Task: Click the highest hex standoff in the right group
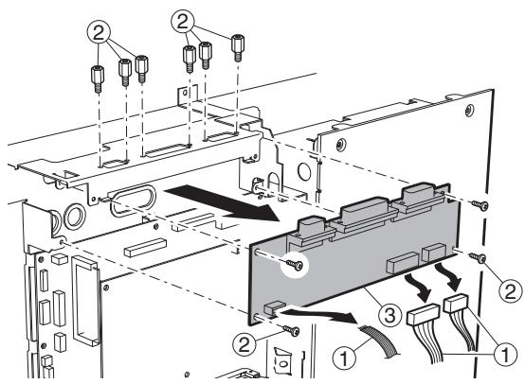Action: [237, 43]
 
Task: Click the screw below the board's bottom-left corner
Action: [294, 330]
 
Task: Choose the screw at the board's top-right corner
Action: [484, 206]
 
